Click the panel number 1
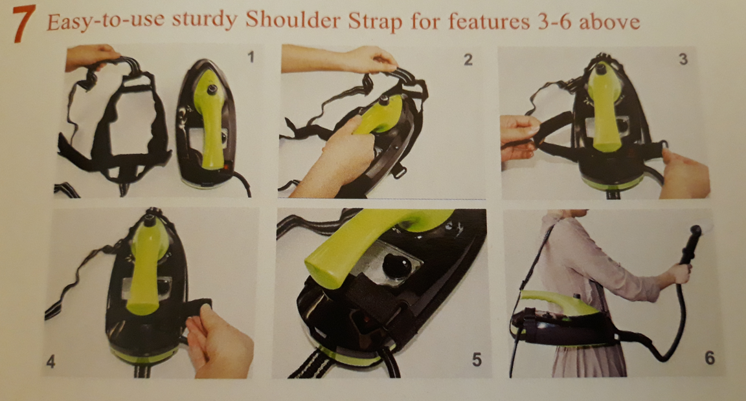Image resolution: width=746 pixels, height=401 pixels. click(251, 57)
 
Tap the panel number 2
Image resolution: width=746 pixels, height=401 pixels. click(468, 60)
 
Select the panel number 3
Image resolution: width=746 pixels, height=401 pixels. click(683, 59)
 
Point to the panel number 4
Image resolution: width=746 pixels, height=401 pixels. click(51, 362)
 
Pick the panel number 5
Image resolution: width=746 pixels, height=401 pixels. click(477, 360)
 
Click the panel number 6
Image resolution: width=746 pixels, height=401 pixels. click(709, 357)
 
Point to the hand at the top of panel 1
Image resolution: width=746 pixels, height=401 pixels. click(91, 57)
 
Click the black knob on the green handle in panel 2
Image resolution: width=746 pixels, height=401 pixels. click(383, 100)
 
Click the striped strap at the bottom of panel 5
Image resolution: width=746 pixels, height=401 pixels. click(311, 366)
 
